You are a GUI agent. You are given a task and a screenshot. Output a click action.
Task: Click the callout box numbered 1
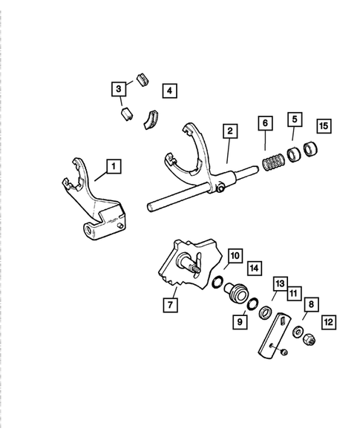click(113, 167)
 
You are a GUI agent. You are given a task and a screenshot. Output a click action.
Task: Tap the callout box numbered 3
click(118, 90)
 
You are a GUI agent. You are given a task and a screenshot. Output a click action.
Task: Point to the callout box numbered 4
click(170, 91)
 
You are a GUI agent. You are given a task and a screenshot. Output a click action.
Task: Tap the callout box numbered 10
click(233, 257)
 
